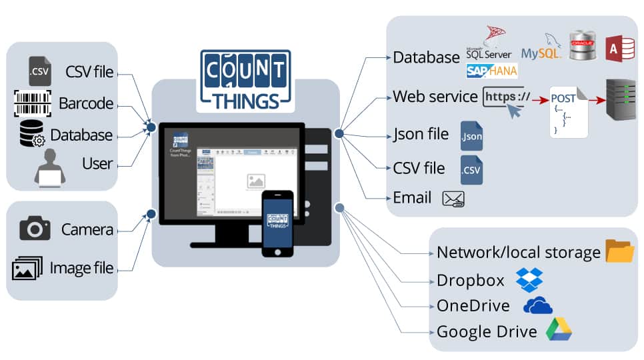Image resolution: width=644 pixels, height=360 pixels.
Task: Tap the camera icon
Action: click(x=35, y=229)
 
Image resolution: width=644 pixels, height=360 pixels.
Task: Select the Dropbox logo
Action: click(x=529, y=279)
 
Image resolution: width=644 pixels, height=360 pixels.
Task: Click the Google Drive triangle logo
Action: click(x=559, y=330)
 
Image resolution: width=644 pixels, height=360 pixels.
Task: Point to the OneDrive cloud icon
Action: click(x=538, y=305)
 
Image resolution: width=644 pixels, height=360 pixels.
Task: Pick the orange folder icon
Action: click(x=619, y=251)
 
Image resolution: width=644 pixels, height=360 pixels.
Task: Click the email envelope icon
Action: click(x=453, y=198)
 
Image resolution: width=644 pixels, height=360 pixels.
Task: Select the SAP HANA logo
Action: click(x=492, y=70)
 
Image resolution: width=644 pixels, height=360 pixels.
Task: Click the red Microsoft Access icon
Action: click(x=619, y=49)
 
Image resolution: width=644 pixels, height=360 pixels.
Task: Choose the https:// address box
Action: click(x=507, y=97)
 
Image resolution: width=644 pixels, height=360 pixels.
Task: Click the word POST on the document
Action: click(x=563, y=99)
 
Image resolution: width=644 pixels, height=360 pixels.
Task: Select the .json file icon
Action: click(x=471, y=135)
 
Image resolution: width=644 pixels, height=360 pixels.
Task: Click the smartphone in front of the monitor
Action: click(x=277, y=223)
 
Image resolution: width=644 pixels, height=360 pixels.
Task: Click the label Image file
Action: click(x=81, y=269)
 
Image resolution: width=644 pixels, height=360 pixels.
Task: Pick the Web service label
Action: click(x=435, y=96)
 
